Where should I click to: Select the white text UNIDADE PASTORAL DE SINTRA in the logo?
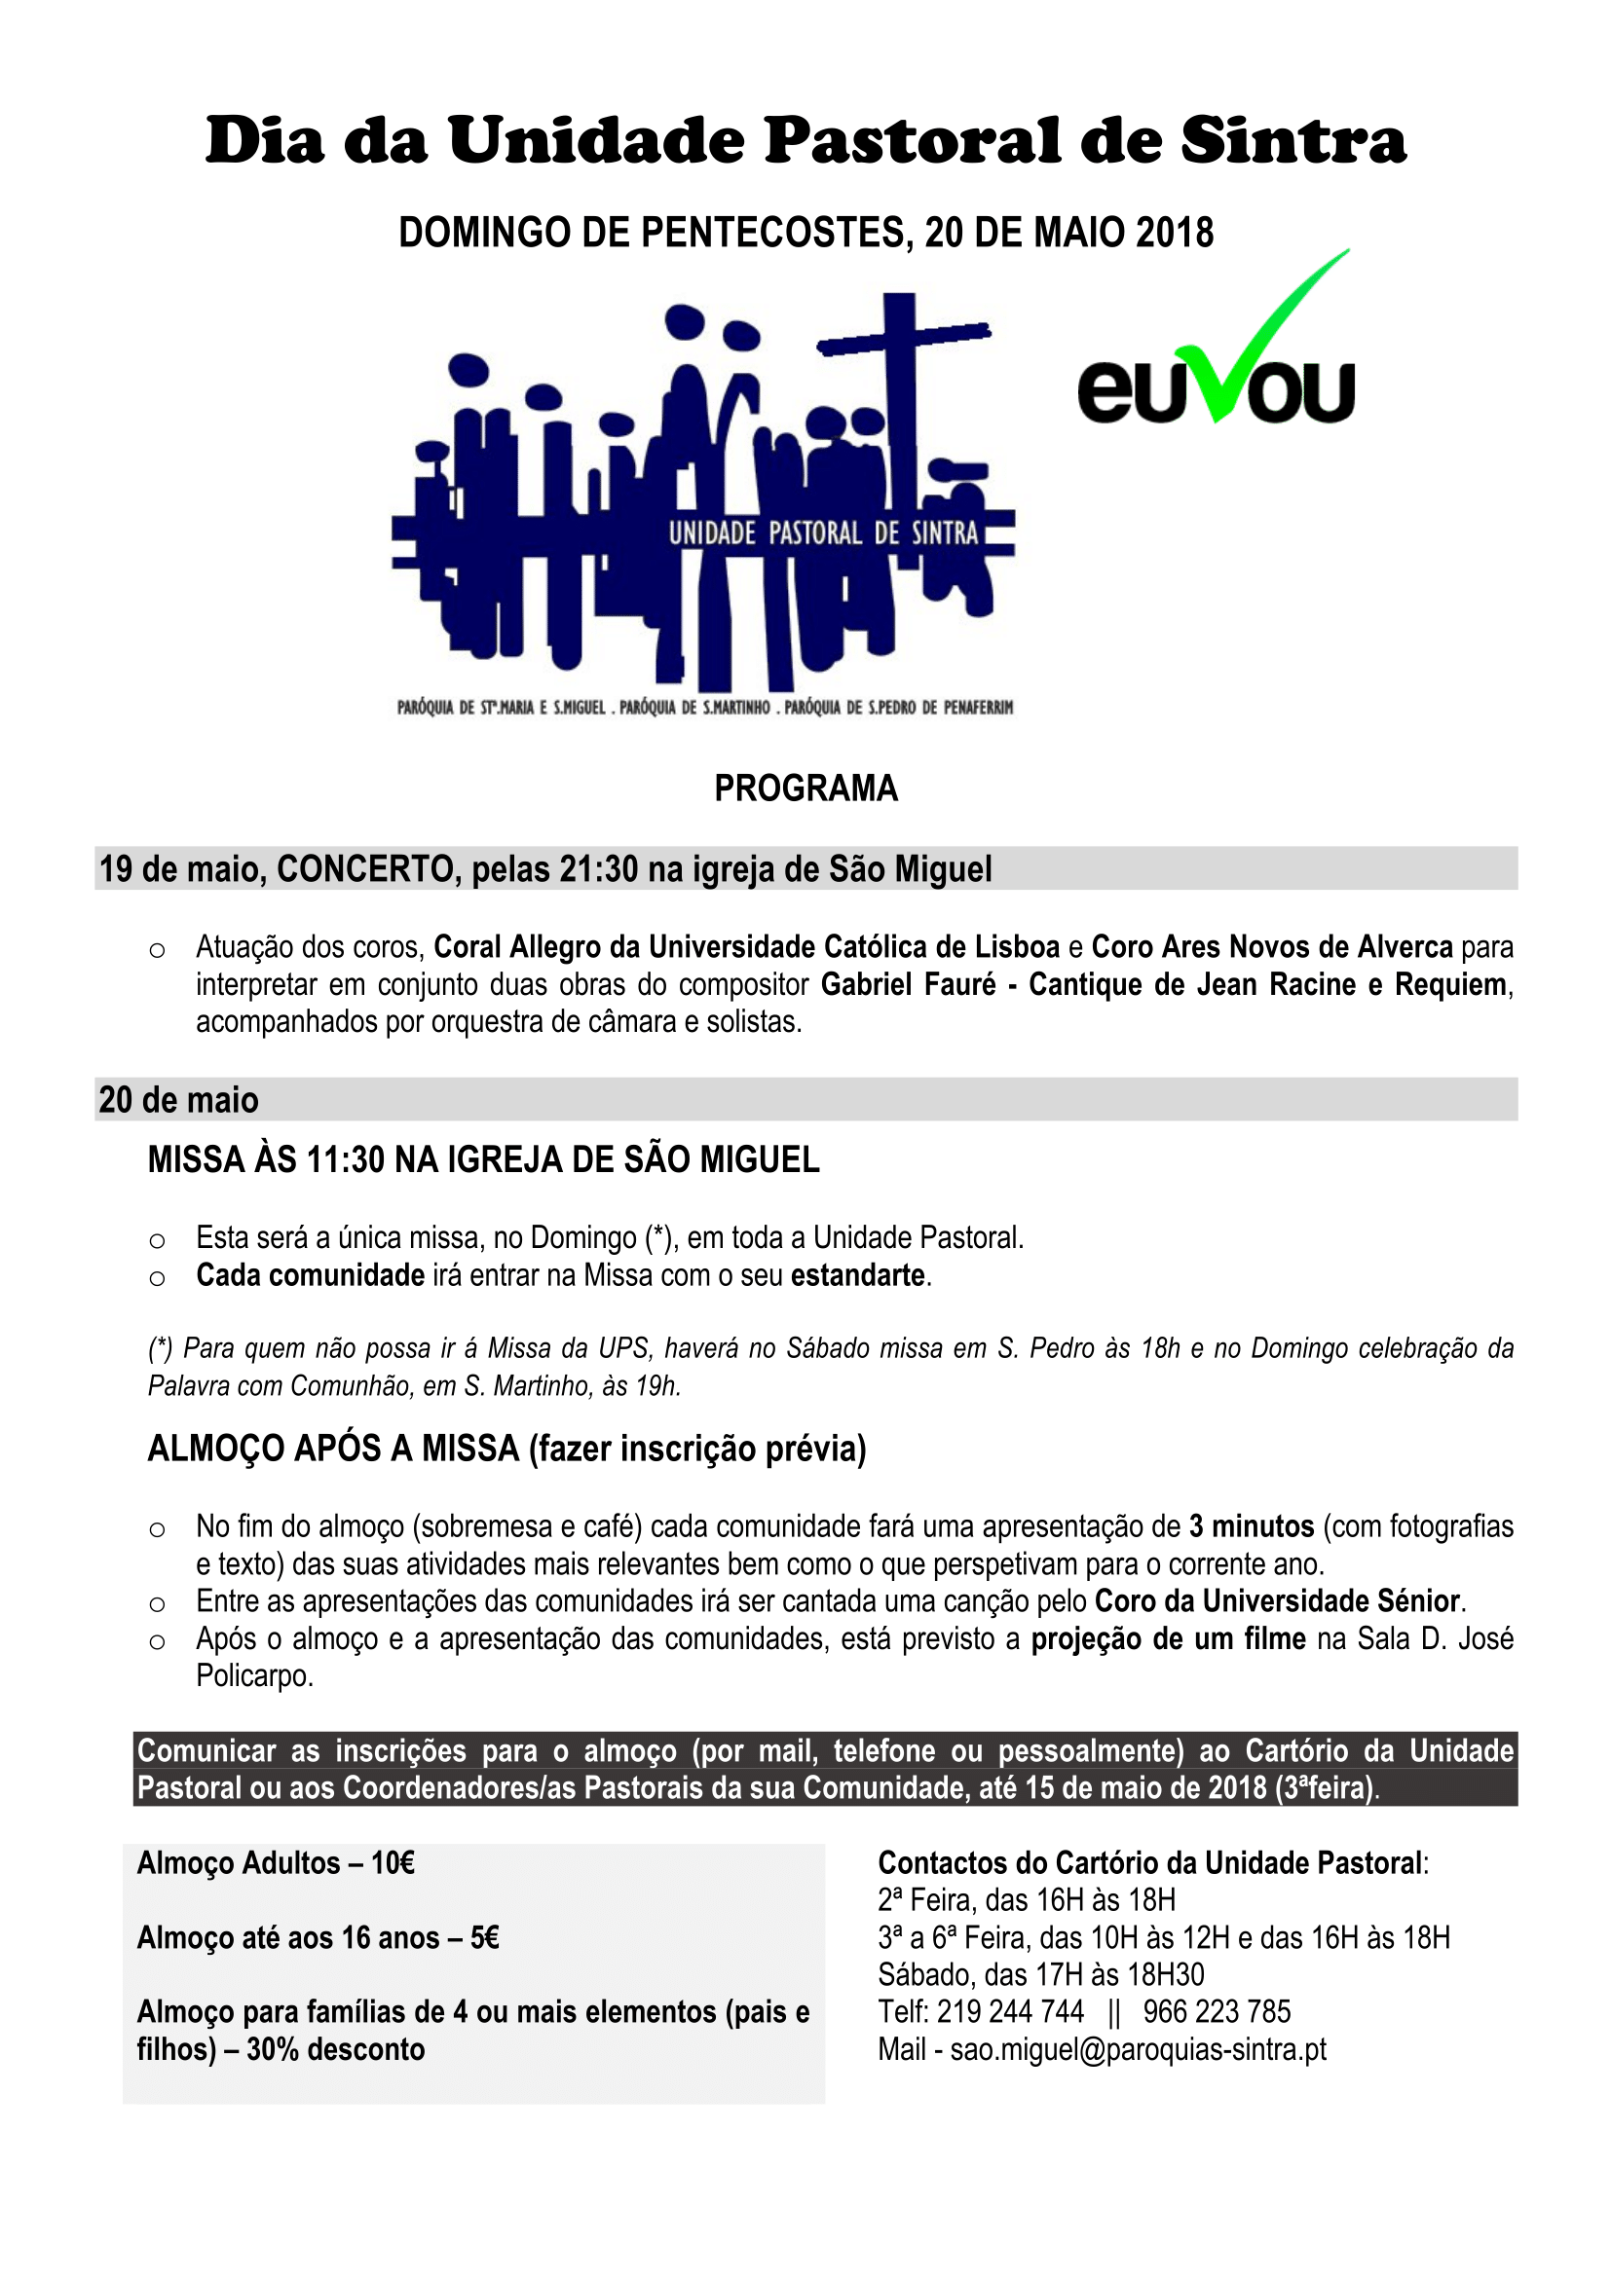(822, 533)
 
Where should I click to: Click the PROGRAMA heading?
(805, 789)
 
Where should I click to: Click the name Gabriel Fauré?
(908, 985)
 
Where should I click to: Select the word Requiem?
(1450, 985)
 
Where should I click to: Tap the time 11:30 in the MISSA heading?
(345, 1159)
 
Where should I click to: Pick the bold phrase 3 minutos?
(1252, 1526)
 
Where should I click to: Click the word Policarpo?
(254, 1676)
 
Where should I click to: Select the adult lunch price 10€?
(393, 1863)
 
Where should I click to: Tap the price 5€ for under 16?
(484, 1938)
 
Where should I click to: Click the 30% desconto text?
(335, 2049)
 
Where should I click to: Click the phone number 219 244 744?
(1010, 2011)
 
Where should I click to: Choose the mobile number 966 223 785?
(1217, 2011)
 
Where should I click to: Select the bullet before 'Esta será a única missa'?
(157, 1239)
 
